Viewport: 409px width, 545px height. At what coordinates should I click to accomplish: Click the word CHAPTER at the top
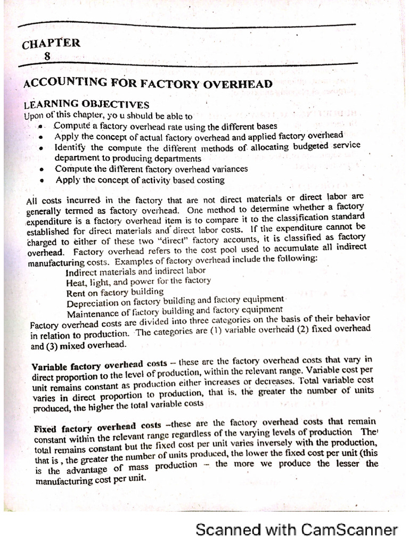[51, 44]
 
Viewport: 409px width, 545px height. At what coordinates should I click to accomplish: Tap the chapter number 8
[48, 55]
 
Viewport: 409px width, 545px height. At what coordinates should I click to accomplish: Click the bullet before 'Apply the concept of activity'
[41, 181]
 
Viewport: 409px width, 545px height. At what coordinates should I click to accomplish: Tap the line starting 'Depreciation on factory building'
[176, 302]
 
